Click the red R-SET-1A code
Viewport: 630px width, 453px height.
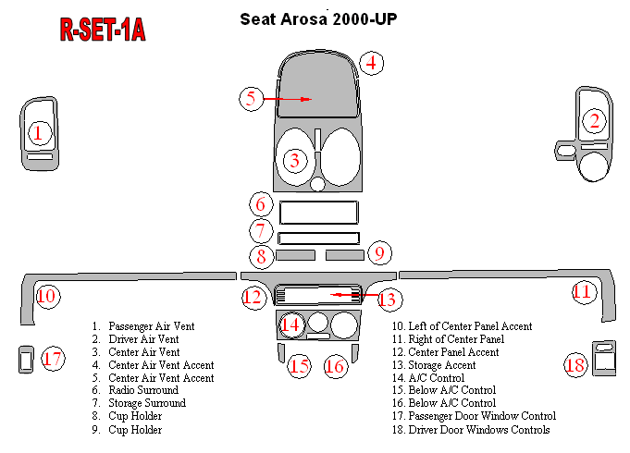[103, 30]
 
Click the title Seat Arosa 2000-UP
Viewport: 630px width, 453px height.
[318, 19]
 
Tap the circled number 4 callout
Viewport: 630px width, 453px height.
[371, 64]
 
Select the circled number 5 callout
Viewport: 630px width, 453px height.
[251, 99]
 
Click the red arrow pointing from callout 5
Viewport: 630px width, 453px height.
[288, 99]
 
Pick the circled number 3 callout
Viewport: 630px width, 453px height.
[295, 161]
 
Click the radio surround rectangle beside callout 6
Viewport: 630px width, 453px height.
[318, 213]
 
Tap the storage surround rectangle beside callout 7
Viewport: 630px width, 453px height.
[318, 239]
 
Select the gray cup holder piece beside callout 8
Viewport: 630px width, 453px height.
[295, 255]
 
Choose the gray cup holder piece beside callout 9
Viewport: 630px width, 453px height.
[345, 255]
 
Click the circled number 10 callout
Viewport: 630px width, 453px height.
[48, 297]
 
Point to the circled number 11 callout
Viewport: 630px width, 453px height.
[584, 292]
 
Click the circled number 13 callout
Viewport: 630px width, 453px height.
[389, 300]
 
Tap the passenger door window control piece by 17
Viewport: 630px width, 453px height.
[26, 360]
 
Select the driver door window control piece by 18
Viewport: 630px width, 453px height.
[604, 358]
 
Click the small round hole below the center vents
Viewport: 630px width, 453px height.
[317, 184]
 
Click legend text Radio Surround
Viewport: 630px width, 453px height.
[143, 390]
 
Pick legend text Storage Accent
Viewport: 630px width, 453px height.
[442, 365]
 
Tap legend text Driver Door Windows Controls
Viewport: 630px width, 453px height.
[479, 430]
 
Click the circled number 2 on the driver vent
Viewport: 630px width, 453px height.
[594, 120]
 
